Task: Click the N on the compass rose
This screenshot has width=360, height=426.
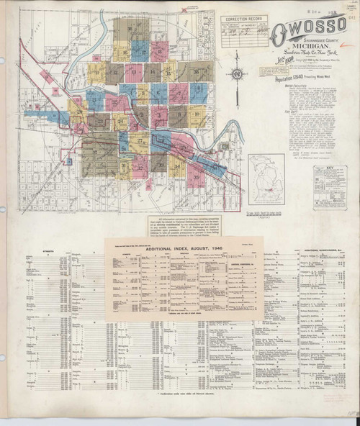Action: [258, 73]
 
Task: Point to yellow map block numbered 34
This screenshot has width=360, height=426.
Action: [178, 167]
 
